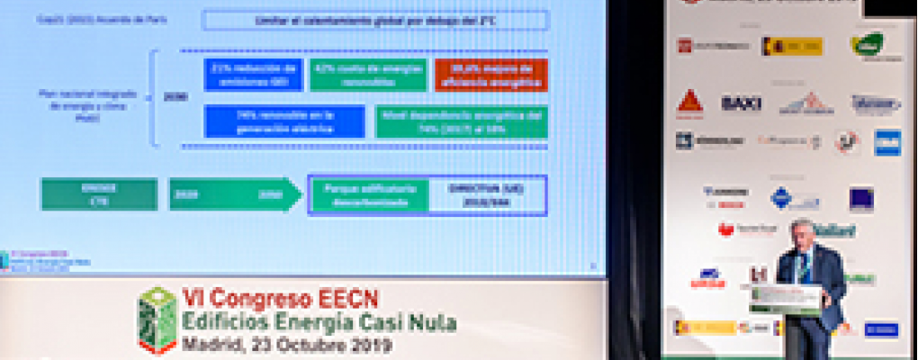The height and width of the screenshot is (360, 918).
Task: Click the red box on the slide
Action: (490, 75)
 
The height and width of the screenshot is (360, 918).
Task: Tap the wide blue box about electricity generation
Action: (284, 121)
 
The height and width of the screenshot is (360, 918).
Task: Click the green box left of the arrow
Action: (99, 194)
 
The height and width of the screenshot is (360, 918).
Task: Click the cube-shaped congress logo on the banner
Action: (157, 319)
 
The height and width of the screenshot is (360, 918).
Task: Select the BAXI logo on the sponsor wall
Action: (741, 103)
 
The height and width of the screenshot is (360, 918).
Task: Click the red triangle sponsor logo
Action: (689, 102)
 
